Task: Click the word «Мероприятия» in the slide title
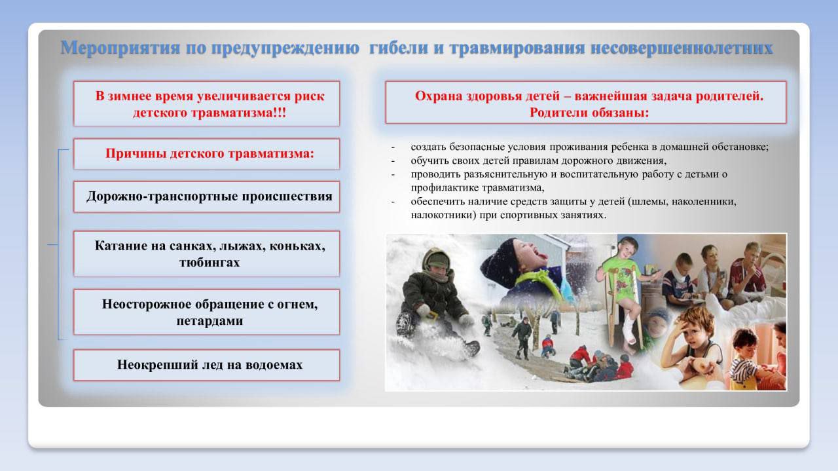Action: [x=120, y=48]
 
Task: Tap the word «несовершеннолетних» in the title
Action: [x=682, y=48]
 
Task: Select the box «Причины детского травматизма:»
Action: [x=206, y=154]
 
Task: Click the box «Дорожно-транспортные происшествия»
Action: [x=206, y=197]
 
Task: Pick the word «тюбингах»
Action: [x=209, y=262]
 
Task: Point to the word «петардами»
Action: [x=210, y=321]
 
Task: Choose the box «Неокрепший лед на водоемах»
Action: [x=206, y=365]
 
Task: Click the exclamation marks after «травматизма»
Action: [x=280, y=113]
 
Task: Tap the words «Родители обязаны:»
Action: [x=589, y=112]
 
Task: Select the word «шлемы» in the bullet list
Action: [x=648, y=201]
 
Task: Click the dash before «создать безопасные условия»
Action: [x=393, y=147]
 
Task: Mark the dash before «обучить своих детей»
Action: [x=393, y=161]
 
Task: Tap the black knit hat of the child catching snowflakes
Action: [x=498, y=258]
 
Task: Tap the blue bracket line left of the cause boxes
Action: [x=58, y=244]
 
